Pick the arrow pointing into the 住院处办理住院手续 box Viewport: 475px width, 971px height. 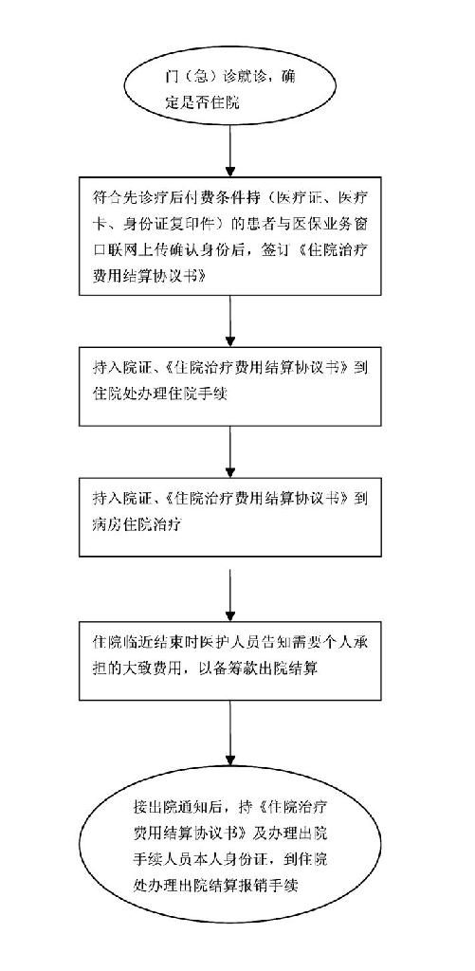(230, 321)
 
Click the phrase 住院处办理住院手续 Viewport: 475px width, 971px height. (158, 394)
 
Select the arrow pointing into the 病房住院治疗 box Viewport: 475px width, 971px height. (230, 450)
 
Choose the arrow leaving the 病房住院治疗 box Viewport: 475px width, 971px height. (230, 594)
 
